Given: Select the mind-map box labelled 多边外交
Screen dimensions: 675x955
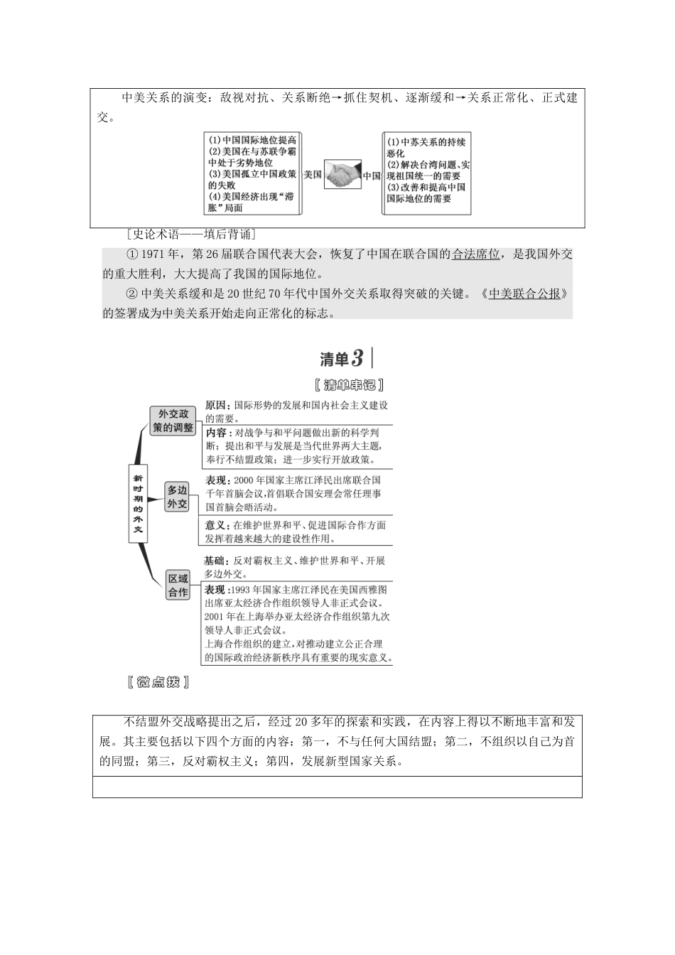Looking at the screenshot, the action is (x=177, y=497).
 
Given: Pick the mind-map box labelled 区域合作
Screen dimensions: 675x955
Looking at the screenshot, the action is (x=178, y=586).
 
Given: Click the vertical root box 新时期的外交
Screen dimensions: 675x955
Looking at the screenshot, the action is (x=138, y=503).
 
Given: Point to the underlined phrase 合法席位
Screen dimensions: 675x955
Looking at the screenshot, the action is (x=475, y=254).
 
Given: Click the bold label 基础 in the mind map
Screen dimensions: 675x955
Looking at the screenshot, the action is (x=216, y=561).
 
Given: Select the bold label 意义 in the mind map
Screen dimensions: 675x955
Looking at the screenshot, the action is (x=216, y=525).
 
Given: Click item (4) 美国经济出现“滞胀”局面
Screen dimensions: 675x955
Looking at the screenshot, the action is (x=251, y=202).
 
